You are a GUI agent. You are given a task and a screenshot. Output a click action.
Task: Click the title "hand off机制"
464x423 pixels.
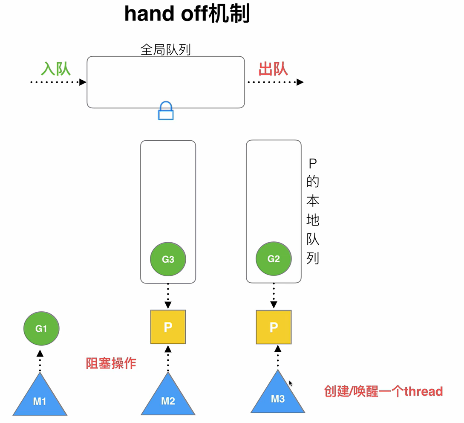point(187,14)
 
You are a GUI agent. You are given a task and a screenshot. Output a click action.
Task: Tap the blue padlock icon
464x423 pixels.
point(166,110)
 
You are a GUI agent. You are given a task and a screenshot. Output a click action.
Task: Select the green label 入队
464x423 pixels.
point(56,69)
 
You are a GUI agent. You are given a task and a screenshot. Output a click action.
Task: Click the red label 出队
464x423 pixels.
point(273,69)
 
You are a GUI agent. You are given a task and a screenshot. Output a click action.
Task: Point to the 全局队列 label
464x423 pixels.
point(166,50)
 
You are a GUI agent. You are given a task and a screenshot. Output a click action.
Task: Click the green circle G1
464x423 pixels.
point(41,329)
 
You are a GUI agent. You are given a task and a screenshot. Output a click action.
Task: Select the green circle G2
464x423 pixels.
point(274,259)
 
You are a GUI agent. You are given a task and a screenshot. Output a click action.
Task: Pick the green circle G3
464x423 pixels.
point(168,259)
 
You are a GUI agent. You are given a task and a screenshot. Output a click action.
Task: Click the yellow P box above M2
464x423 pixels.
point(168,327)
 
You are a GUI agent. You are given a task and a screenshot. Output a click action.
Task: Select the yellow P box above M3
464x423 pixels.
point(274,327)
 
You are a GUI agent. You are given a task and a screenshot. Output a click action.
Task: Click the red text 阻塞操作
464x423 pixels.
point(111,363)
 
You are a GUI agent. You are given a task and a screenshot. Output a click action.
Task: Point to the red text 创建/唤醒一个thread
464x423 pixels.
point(383,391)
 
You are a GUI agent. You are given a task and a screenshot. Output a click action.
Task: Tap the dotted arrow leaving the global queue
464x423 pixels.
point(275,82)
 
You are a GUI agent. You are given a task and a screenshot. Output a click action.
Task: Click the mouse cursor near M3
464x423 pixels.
point(291,383)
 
